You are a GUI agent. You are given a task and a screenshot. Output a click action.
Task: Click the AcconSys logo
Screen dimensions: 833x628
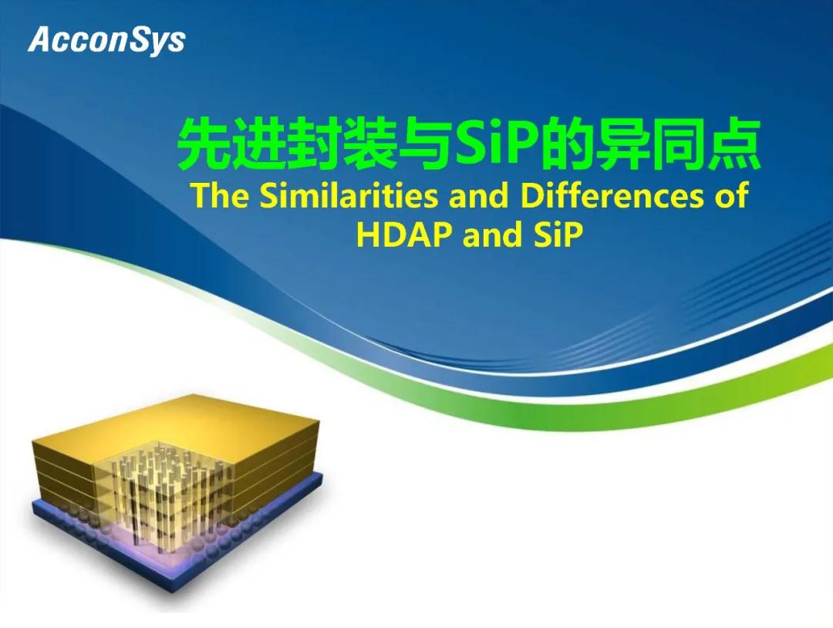pos(106,40)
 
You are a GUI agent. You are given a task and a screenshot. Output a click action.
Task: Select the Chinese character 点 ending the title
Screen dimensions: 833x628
pos(734,144)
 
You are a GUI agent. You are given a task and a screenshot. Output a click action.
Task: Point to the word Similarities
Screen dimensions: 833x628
pos(349,195)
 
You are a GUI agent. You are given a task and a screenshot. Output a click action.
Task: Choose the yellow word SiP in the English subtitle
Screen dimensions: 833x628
pos(557,235)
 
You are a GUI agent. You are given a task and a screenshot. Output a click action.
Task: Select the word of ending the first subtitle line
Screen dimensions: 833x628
pos(731,195)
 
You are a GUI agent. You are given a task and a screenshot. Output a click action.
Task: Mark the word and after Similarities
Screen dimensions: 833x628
pos(479,195)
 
